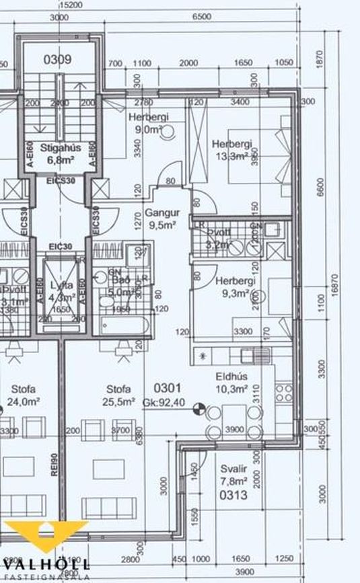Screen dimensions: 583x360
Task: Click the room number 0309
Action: (x=58, y=60)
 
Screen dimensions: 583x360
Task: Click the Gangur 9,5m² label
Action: (x=159, y=220)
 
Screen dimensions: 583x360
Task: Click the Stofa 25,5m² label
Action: (x=118, y=395)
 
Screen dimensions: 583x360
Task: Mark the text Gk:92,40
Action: (x=163, y=402)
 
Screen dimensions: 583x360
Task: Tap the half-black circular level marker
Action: (x=199, y=407)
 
